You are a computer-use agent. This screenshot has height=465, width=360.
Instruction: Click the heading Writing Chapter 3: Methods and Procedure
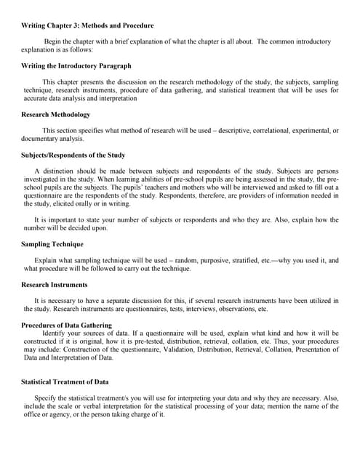[87, 25]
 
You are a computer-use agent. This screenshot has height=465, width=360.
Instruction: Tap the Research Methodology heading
[56, 115]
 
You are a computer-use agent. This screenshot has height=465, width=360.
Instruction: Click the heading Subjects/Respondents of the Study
[73, 155]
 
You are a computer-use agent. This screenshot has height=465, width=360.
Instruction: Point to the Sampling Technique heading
[52, 244]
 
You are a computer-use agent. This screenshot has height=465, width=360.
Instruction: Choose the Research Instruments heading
[55, 285]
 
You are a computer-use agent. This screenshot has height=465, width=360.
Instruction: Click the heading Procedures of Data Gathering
[67, 325]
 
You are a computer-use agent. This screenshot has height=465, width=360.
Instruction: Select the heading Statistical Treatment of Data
[65, 381]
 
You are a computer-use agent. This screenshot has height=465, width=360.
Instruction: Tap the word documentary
[42, 139]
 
